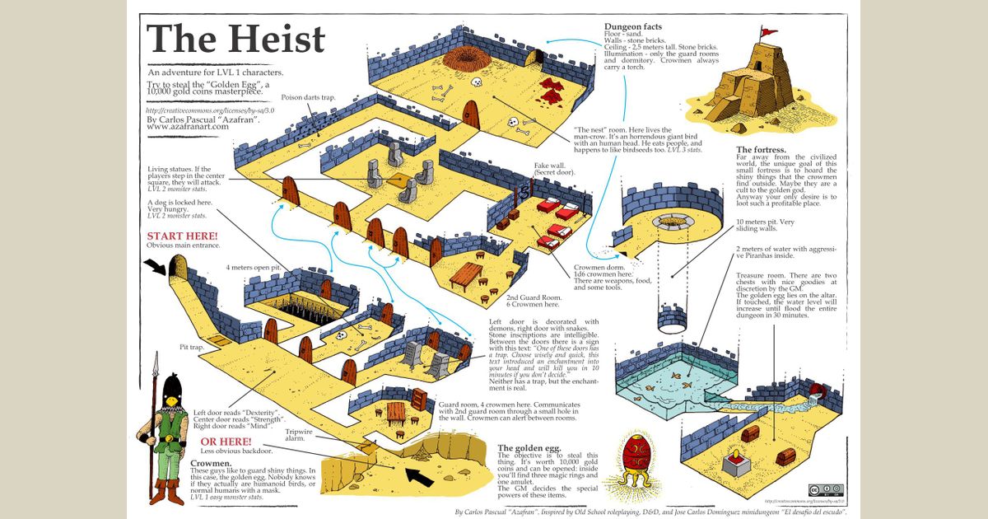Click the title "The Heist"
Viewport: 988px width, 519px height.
(x=235, y=40)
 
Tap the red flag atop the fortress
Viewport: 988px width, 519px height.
(x=767, y=33)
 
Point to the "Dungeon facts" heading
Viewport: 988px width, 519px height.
(x=632, y=27)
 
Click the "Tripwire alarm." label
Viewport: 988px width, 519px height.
(x=297, y=434)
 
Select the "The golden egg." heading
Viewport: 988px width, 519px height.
(x=529, y=449)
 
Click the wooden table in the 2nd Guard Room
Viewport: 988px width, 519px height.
(x=465, y=273)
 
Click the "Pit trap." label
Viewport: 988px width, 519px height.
(x=191, y=348)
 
